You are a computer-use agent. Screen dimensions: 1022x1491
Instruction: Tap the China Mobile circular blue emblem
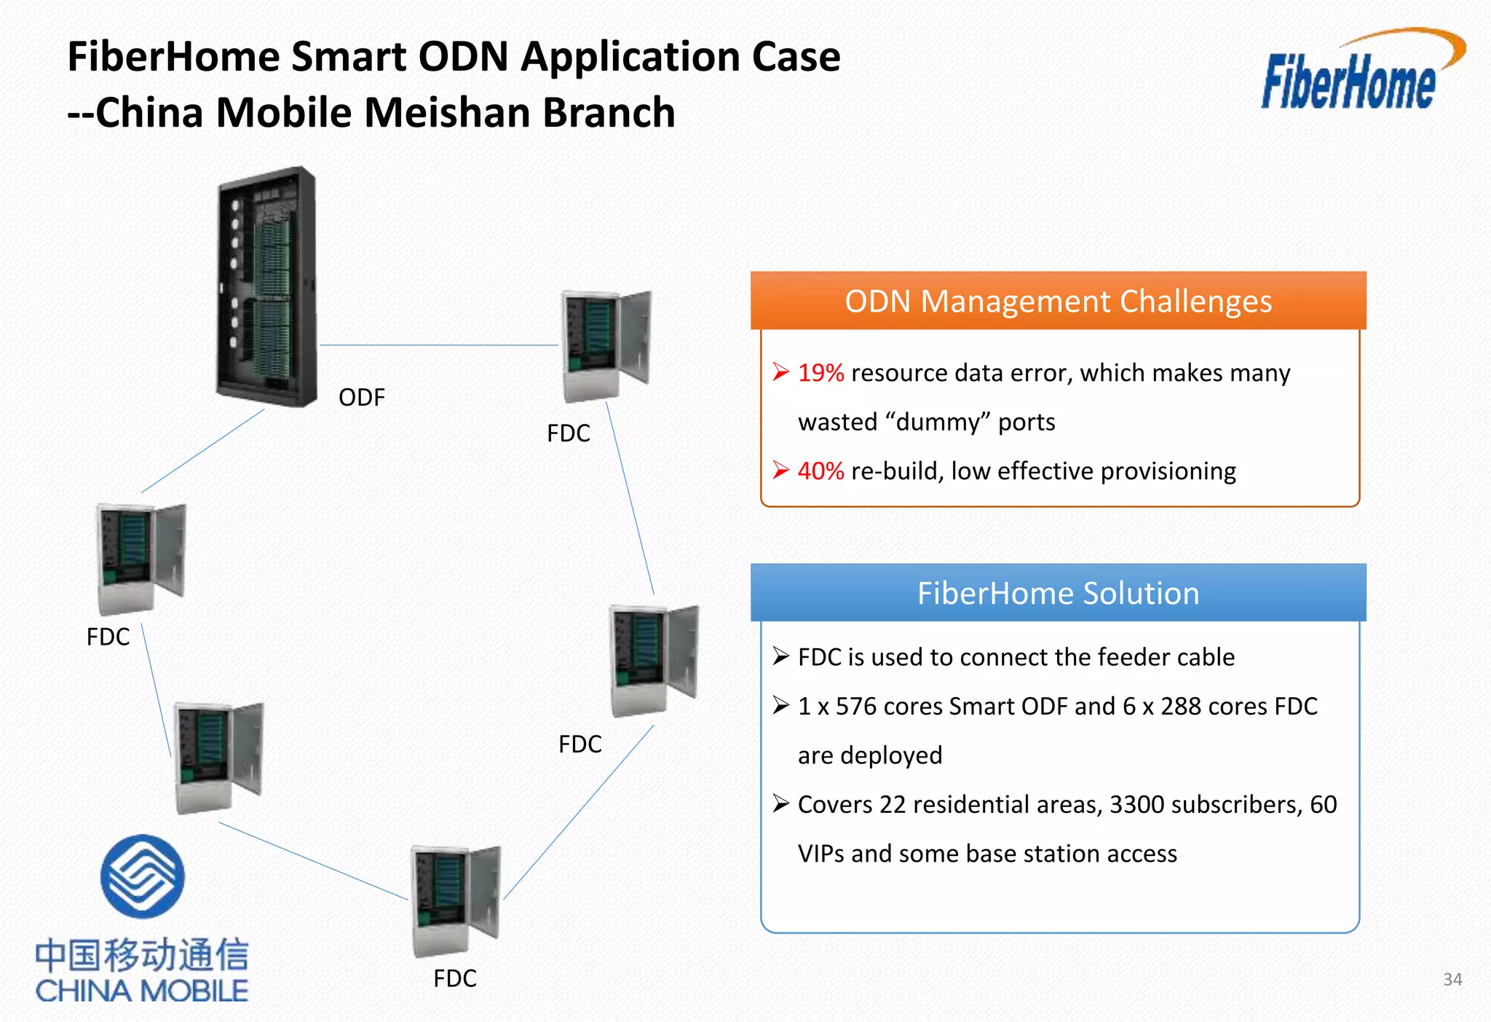tap(142, 876)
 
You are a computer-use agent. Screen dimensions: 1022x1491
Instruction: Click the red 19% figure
tap(820, 373)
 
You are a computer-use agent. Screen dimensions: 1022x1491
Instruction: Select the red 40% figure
tap(820, 471)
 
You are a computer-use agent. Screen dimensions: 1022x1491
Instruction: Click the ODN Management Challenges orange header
tap(1058, 301)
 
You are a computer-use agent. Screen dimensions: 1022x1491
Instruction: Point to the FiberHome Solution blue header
tap(1058, 593)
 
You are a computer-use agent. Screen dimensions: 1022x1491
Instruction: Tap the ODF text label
tap(361, 398)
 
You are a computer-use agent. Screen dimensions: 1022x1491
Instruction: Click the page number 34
tap(1452, 979)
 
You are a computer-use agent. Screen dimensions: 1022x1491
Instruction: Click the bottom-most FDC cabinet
tap(455, 900)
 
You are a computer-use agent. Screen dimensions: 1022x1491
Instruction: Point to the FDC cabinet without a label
tap(218, 758)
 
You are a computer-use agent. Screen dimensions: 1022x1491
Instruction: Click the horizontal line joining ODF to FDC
tap(439, 345)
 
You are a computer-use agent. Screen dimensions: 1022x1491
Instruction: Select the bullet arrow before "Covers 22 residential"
tap(780, 804)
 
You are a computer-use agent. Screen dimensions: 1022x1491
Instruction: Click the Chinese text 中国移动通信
tap(142, 955)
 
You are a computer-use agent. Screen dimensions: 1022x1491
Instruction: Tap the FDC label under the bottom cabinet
tap(455, 978)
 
